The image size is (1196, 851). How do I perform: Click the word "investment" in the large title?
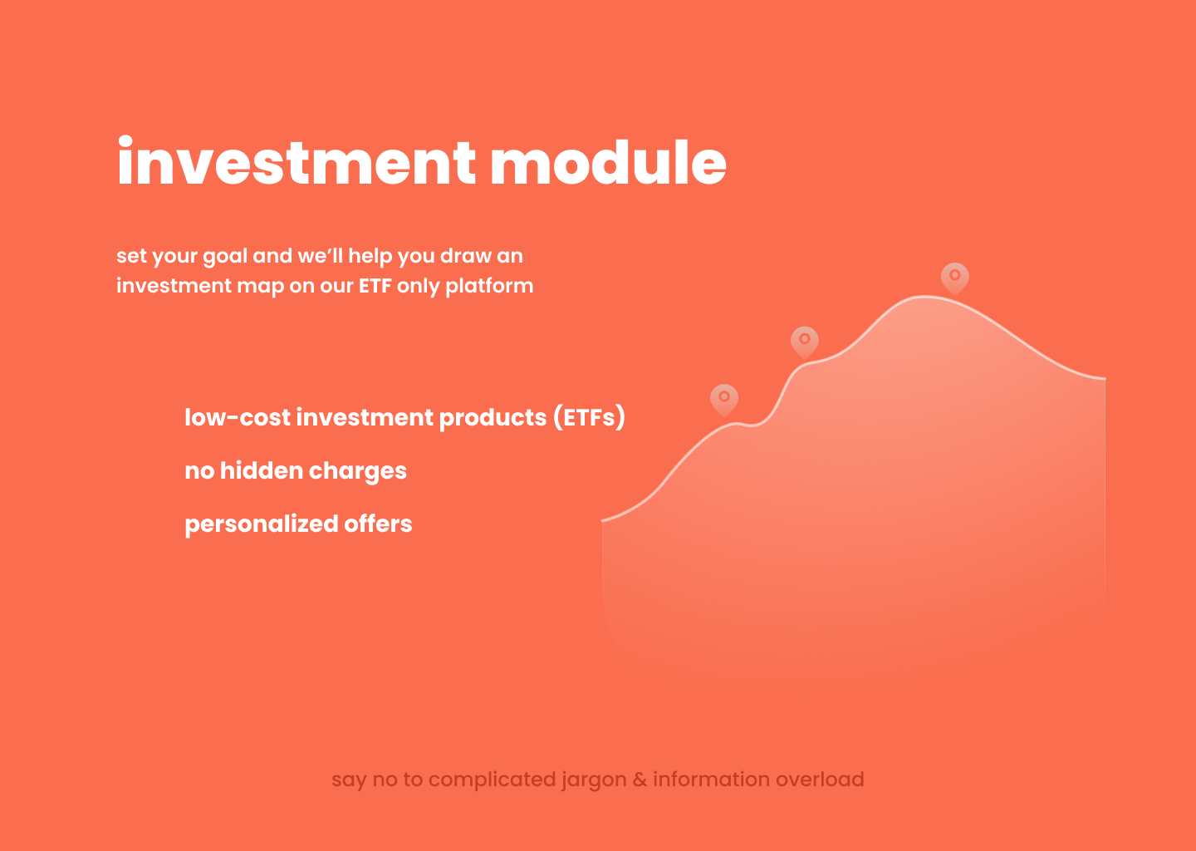[x=297, y=160]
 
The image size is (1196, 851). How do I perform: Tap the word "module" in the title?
[x=608, y=161]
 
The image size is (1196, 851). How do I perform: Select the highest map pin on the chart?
[x=954, y=278]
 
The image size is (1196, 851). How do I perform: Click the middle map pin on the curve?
[x=805, y=342]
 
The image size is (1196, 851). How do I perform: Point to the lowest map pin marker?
[x=724, y=400]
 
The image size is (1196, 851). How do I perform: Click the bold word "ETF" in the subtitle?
[x=375, y=286]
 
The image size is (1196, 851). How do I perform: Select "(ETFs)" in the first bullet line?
[x=589, y=417]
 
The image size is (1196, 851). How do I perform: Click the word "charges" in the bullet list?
[x=358, y=472]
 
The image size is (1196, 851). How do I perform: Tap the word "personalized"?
[x=261, y=524]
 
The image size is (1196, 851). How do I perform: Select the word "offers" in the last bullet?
[x=378, y=524]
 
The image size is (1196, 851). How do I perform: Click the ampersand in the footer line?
[x=640, y=780]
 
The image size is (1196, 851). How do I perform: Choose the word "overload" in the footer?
[x=820, y=780]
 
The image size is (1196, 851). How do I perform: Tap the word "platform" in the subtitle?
[x=489, y=287]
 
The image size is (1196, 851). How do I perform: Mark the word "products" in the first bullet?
[x=493, y=418]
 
